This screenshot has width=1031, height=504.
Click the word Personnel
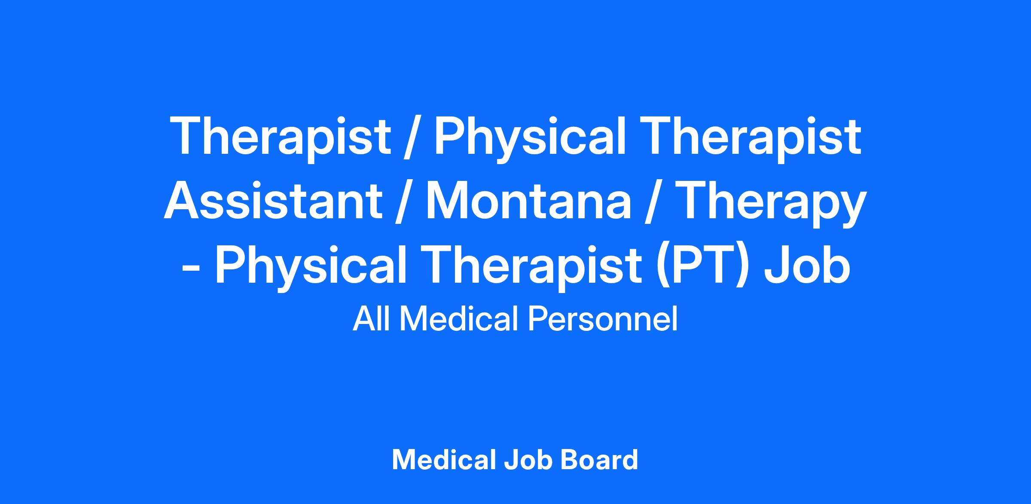click(602, 319)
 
